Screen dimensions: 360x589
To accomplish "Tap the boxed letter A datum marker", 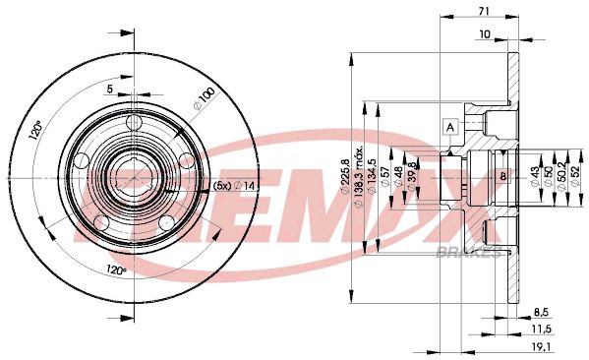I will coord(450,126).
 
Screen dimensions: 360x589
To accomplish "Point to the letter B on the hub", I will coord(502,177).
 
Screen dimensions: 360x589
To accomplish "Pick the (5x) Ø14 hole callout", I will coord(236,186).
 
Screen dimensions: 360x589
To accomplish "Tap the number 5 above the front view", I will coord(111,90).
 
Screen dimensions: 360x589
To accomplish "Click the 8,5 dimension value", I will coord(541,311).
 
